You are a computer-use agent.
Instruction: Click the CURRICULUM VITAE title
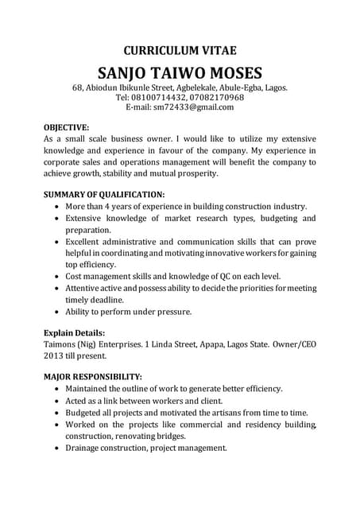pyautogui.click(x=180, y=49)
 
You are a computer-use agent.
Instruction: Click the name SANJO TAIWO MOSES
pyautogui.click(x=180, y=71)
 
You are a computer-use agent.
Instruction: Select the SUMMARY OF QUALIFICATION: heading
pyautogui.click(x=104, y=194)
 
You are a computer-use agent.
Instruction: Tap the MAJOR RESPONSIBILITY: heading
pyautogui.click(x=93, y=376)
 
